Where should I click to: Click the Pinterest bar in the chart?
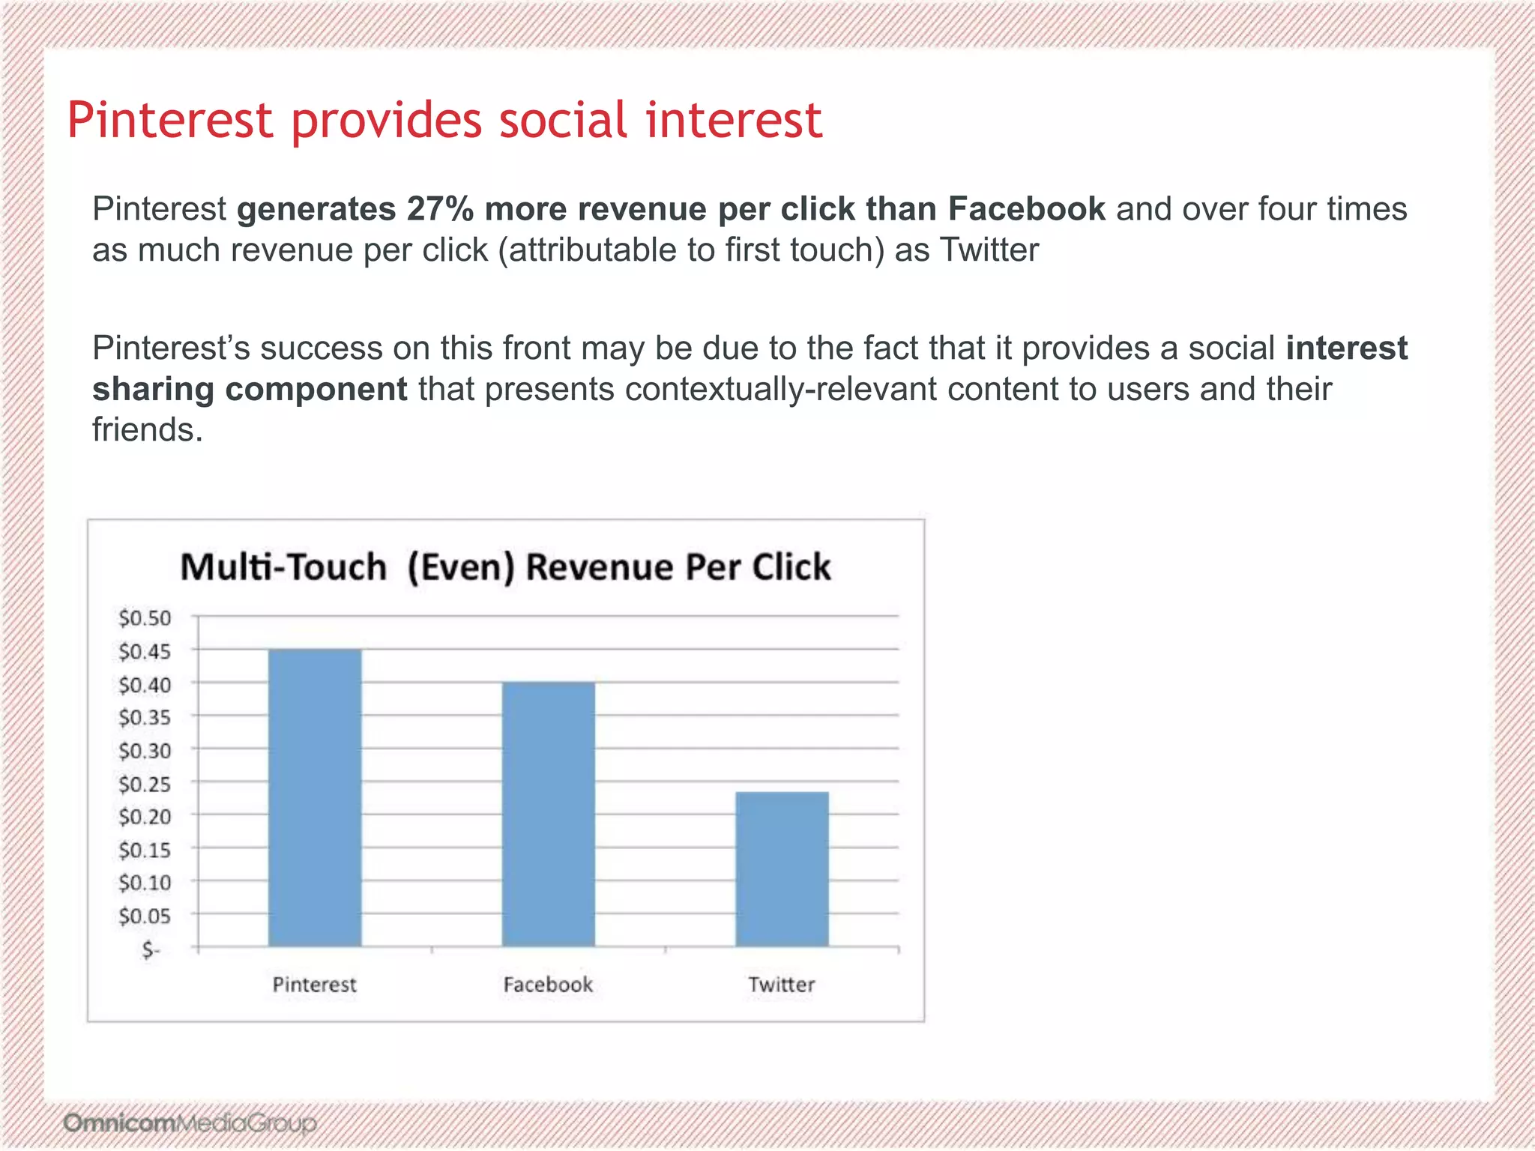(x=315, y=798)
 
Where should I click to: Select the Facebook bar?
(x=548, y=815)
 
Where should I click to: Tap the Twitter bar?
(x=782, y=869)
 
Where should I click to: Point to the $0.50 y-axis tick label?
(x=145, y=618)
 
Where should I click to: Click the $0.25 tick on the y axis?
(x=145, y=785)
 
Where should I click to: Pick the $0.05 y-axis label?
(x=145, y=916)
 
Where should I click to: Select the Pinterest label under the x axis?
(x=314, y=985)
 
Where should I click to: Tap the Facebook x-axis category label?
(x=548, y=985)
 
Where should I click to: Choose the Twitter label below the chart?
(x=781, y=985)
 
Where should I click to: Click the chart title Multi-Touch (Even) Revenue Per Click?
(x=505, y=567)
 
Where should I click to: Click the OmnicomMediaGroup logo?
(x=190, y=1123)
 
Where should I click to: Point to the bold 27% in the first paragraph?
(x=440, y=209)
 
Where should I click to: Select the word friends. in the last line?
(x=148, y=430)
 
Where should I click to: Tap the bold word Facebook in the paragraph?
(x=1026, y=209)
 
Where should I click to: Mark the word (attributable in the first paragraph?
(x=586, y=250)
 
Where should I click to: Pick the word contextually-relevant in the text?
(x=780, y=389)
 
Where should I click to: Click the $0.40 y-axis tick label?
(x=145, y=685)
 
